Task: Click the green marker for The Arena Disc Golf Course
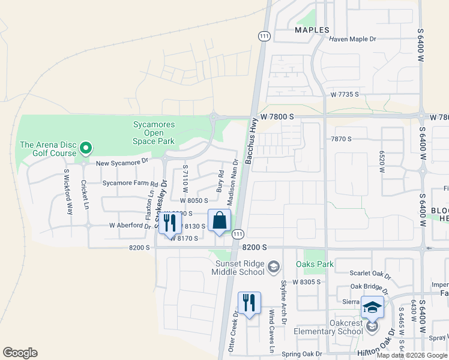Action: point(85,147)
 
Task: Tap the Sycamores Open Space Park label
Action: point(154,133)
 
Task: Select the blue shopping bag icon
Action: point(220,221)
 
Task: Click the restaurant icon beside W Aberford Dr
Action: point(170,223)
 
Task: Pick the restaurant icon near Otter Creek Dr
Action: point(249,303)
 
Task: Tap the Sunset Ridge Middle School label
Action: point(238,268)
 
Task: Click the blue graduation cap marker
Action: point(372,308)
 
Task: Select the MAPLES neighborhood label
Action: point(312,30)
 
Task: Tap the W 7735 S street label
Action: point(344,95)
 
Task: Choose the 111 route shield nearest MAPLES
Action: point(264,36)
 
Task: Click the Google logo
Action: point(20,353)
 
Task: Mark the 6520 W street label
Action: point(381,161)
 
